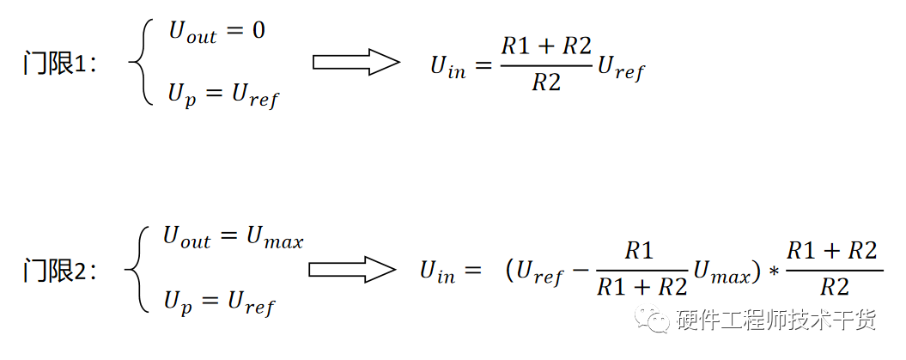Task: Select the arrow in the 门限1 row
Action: [356, 62]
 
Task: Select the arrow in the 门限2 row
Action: [352, 269]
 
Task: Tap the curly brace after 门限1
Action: [139, 63]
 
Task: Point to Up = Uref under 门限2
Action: [218, 302]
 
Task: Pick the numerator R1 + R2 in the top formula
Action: [546, 46]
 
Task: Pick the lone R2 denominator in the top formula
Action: [546, 83]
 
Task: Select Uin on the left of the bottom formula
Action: [438, 272]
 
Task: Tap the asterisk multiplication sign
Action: [773, 273]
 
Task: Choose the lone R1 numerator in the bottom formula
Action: [639, 251]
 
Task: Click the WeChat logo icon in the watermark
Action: [656, 320]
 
